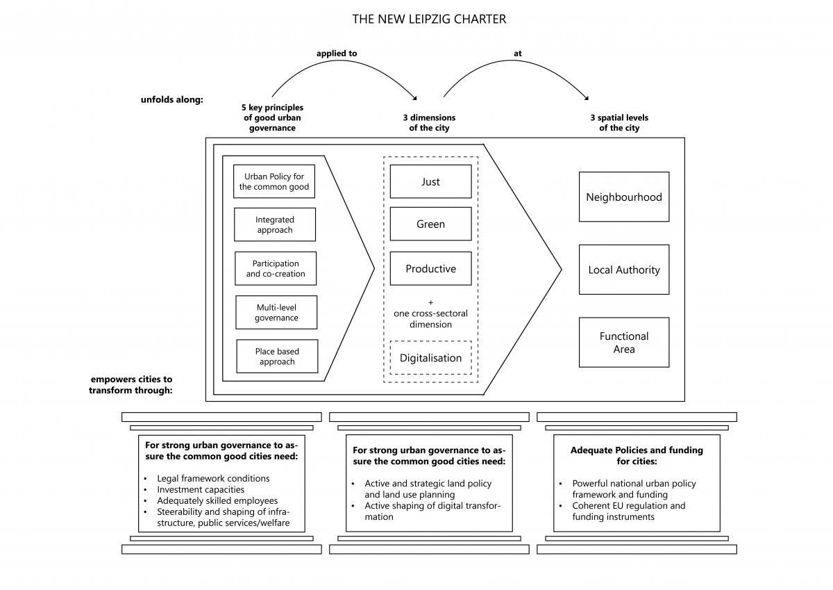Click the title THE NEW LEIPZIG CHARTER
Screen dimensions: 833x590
point(429,19)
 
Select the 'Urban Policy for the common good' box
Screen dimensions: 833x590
point(274,181)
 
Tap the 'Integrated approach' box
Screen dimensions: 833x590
point(275,224)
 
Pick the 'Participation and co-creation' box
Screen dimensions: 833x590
point(276,268)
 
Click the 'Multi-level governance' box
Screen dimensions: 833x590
point(276,312)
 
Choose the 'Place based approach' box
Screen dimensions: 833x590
point(277,357)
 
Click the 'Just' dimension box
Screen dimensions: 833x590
point(430,181)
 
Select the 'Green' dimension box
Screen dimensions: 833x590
point(430,224)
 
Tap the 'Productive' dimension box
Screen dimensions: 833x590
point(430,268)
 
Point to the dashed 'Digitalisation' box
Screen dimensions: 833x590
point(430,358)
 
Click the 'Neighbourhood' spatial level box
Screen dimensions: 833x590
point(624,197)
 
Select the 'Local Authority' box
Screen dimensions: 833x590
point(624,270)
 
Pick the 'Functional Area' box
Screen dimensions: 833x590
point(624,343)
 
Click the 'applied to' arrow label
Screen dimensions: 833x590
point(337,54)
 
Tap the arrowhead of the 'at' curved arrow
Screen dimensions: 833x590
point(587,98)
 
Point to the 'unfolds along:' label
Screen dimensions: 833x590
point(172,99)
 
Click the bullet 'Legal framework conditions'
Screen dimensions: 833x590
point(213,478)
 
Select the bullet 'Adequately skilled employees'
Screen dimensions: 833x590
point(217,500)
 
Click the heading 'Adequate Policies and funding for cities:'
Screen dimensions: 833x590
point(637,456)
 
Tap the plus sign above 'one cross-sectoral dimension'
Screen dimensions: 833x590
point(430,302)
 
